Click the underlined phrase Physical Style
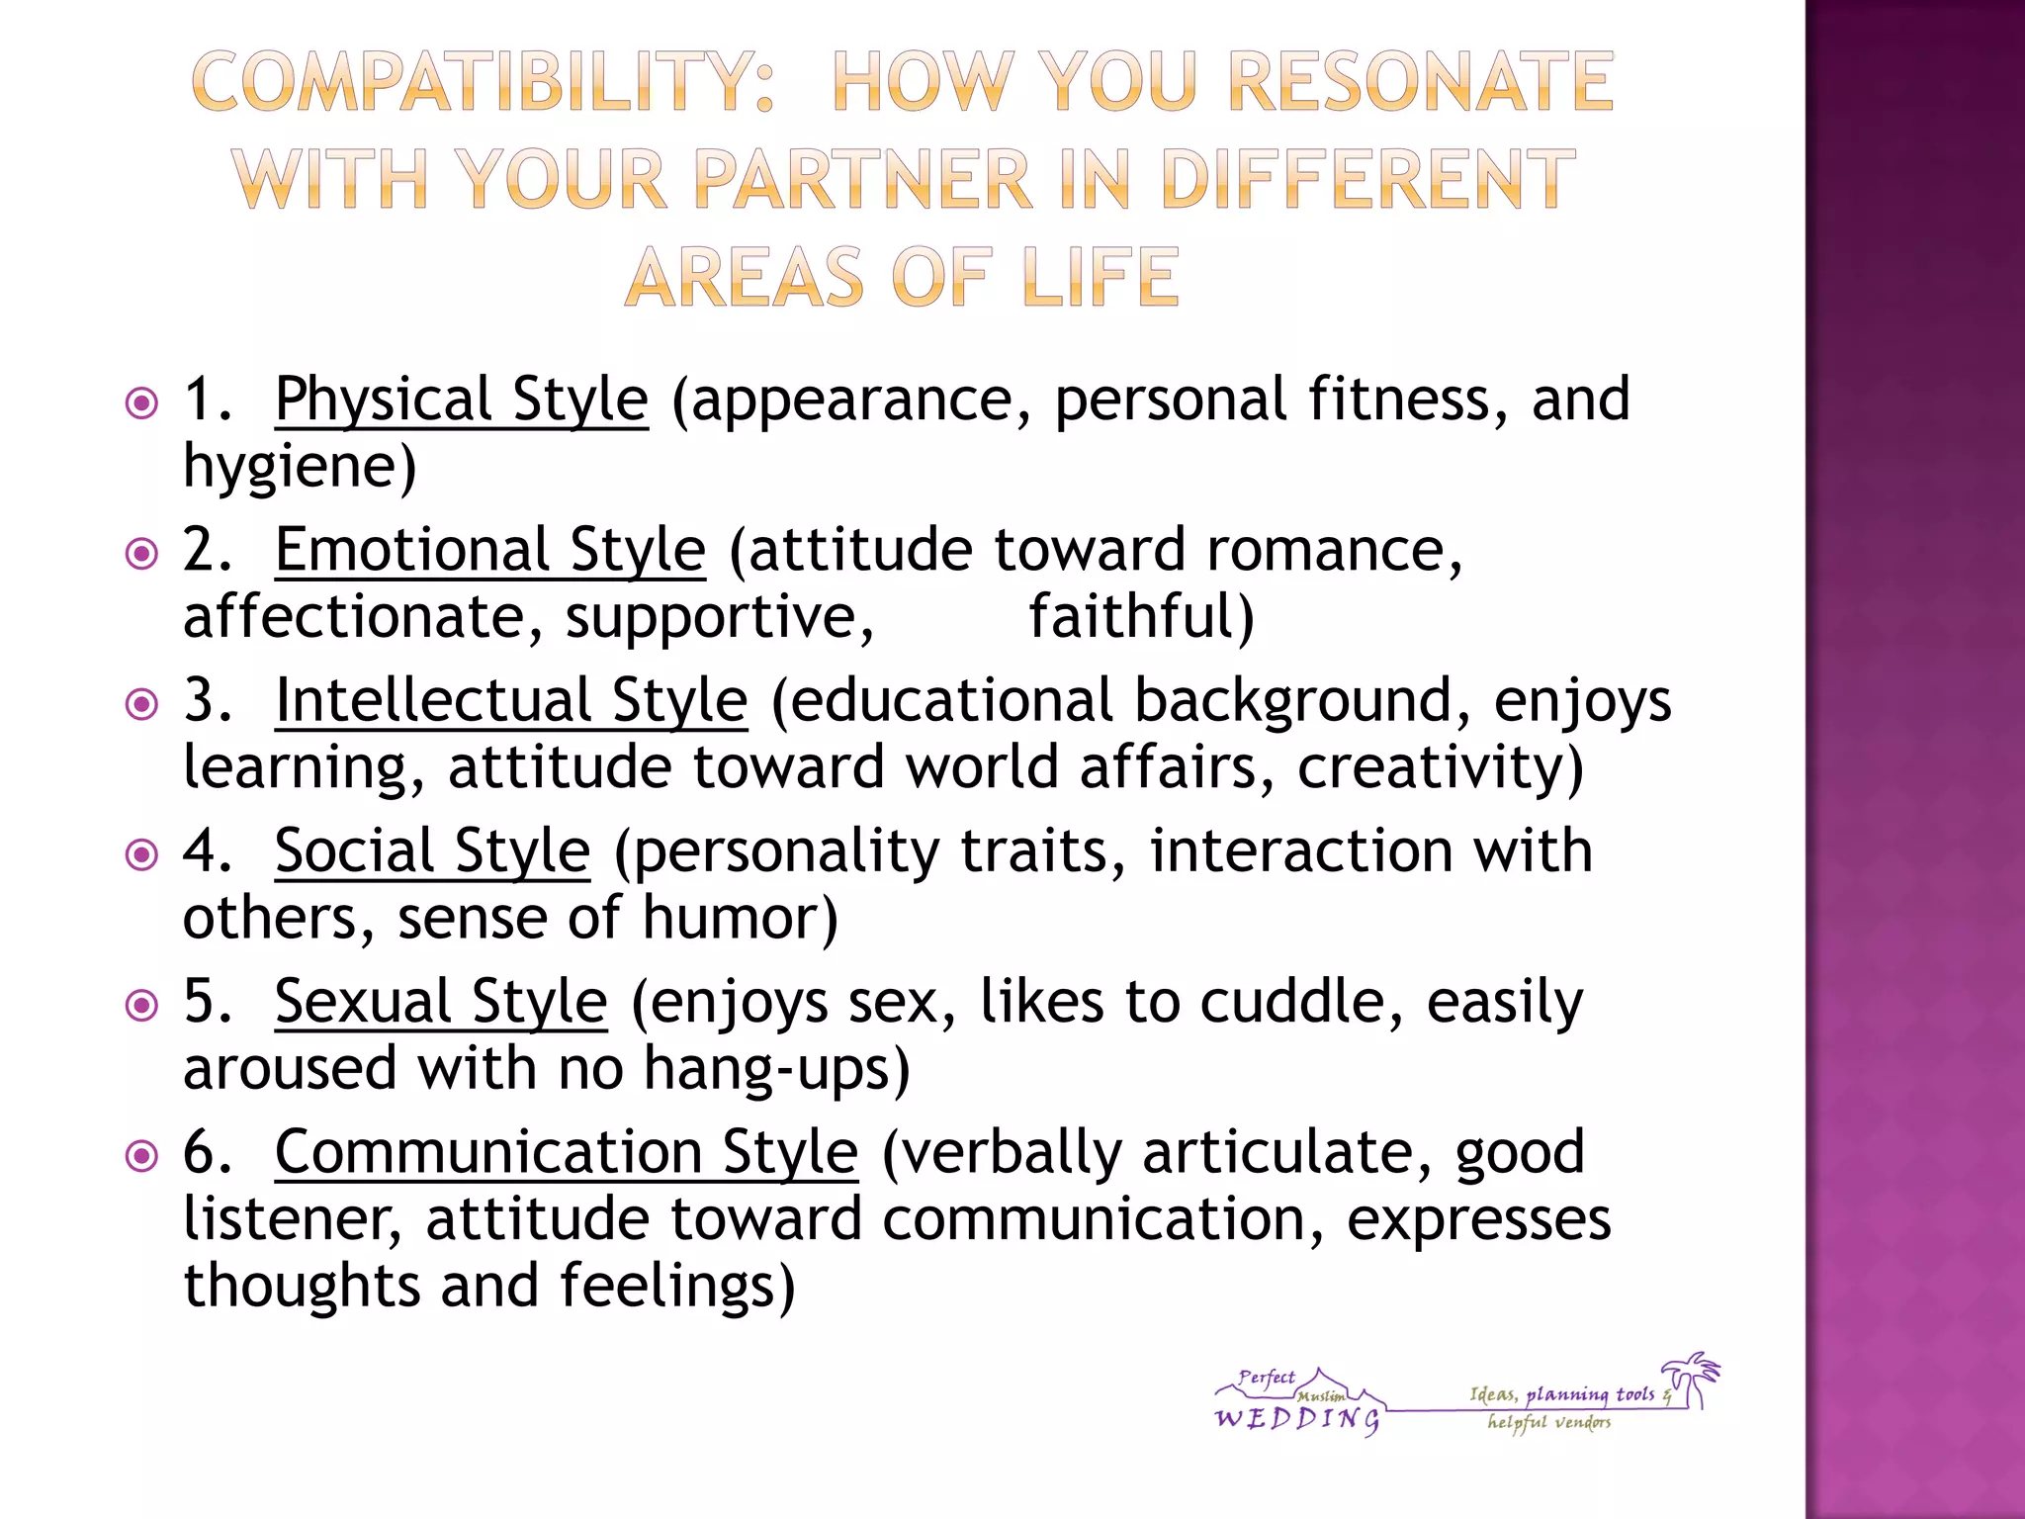(x=462, y=401)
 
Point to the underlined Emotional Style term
(x=490, y=551)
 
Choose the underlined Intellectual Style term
(x=511, y=701)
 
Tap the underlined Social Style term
(x=433, y=851)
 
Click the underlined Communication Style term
(x=567, y=1153)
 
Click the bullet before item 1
(x=142, y=403)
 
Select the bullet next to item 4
(x=142, y=854)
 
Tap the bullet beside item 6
(x=142, y=1155)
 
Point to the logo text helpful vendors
(x=1549, y=1423)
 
